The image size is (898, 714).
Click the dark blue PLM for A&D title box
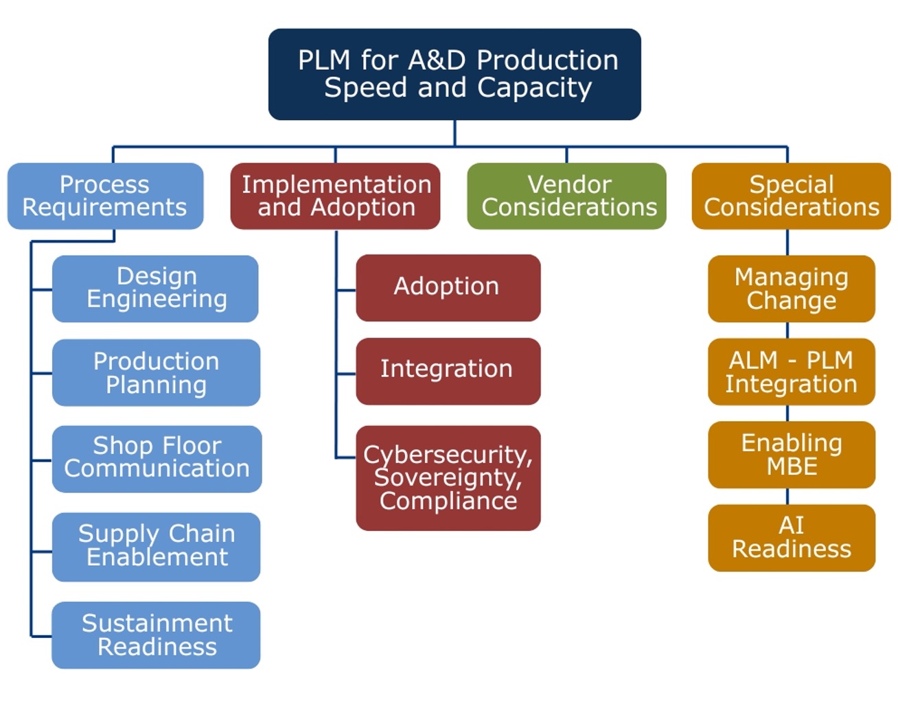click(x=454, y=74)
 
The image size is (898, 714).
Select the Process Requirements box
click(x=105, y=196)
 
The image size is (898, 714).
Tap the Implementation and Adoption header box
click(x=336, y=196)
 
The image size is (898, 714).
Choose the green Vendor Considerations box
click(x=567, y=196)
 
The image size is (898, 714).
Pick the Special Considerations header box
click(x=791, y=196)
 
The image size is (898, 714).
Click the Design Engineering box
click(x=156, y=288)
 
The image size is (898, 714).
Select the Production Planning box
click(x=156, y=372)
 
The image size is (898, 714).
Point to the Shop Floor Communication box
click(x=157, y=458)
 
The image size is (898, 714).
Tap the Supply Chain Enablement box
click(x=156, y=546)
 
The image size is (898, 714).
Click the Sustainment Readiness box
click(x=156, y=634)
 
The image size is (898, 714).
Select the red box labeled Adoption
click(x=448, y=287)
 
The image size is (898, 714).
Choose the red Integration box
click(x=448, y=370)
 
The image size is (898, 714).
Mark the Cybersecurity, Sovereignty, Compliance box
click(x=448, y=477)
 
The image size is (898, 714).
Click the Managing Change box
click(x=791, y=288)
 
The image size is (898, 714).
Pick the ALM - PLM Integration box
click(x=791, y=372)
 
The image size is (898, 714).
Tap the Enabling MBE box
click(x=791, y=455)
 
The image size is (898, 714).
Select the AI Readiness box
click(x=791, y=537)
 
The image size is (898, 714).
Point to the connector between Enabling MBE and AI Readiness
click(x=787, y=497)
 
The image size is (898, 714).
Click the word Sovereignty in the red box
click(x=448, y=477)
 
